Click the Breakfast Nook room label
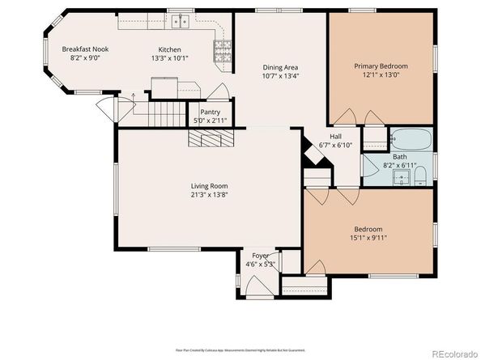[85, 49]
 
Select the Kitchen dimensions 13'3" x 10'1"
[169, 58]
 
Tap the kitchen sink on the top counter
[179, 21]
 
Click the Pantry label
[199, 112]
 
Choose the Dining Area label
[282, 68]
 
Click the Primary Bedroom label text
[381, 66]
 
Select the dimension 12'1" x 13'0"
[381, 74]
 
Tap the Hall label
[335, 136]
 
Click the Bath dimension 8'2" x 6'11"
[399, 166]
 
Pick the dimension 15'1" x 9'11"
[368, 239]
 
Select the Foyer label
[260, 256]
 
